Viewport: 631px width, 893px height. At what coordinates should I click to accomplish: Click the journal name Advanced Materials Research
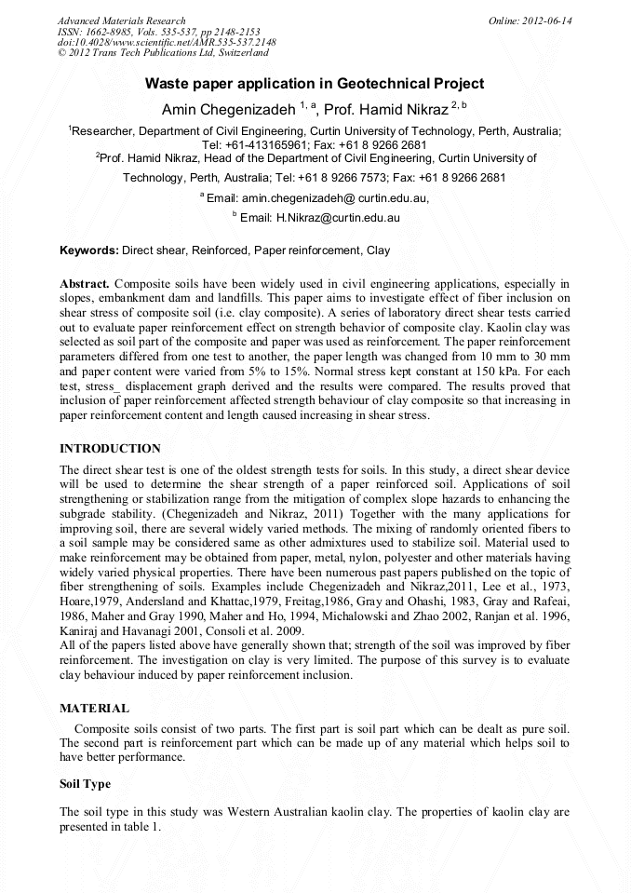coord(121,20)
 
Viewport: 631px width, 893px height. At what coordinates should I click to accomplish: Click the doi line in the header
coord(167,43)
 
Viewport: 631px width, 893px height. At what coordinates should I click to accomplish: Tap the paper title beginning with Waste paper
coord(315,84)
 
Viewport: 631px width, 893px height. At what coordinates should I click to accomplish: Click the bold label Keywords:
coord(89,250)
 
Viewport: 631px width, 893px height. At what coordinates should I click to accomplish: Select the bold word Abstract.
coord(85,282)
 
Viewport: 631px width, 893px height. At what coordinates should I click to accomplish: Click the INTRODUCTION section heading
coord(110,449)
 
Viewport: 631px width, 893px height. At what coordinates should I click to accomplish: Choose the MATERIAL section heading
coord(94,709)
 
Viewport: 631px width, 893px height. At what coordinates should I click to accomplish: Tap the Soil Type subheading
coord(85,784)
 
